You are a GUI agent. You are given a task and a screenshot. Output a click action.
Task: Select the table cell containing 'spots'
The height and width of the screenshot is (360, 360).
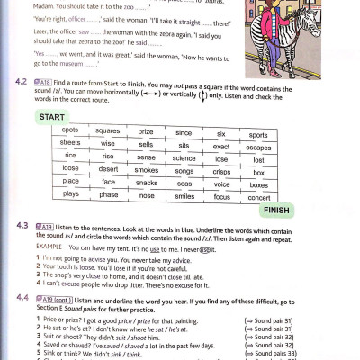click(x=70, y=131)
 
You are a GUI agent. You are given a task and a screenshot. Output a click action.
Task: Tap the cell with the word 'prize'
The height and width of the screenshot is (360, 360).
click(x=146, y=131)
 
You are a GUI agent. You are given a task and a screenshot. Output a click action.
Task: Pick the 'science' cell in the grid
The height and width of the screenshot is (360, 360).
click(x=184, y=157)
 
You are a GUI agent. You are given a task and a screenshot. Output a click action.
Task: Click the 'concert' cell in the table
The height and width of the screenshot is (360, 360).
click(x=259, y=194)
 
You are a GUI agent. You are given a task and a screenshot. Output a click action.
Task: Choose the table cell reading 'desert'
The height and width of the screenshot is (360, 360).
click(x=108, y=169)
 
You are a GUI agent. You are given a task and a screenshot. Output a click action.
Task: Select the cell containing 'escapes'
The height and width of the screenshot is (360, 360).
click(x=259, y=144)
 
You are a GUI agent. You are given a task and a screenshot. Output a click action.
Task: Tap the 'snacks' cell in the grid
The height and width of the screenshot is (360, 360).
click(x=146, y=182)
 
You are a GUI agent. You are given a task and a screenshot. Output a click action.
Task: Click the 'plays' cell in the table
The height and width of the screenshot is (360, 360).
click(x=70, y=194)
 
